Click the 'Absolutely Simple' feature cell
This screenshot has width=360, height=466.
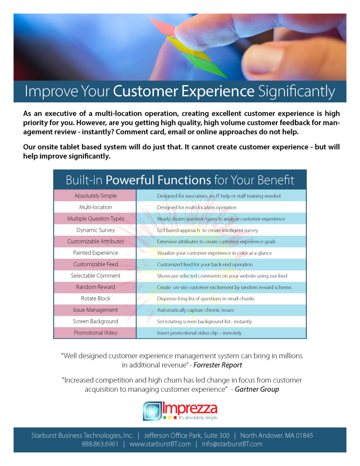(96, 196)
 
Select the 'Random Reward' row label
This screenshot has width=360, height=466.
(96, 287)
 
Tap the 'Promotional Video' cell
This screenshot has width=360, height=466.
(96, 333)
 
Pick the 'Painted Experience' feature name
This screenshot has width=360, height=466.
(96, 253)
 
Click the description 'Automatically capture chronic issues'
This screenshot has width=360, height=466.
(195, 310)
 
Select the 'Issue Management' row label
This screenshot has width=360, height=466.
(96, 310)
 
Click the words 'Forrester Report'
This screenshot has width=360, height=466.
(218, 365)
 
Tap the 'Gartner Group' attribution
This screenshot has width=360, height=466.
(257, 390)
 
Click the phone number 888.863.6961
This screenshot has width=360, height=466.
(100, 444)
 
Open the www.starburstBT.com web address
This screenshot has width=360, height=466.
(160, 444)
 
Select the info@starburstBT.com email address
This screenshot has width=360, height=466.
(232, 444)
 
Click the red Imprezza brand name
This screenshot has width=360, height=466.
(190, 408)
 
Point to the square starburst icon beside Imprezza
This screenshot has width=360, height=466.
(152, 411)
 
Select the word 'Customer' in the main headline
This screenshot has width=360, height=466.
(145, 91)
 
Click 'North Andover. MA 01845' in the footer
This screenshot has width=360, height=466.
(276, 436)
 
